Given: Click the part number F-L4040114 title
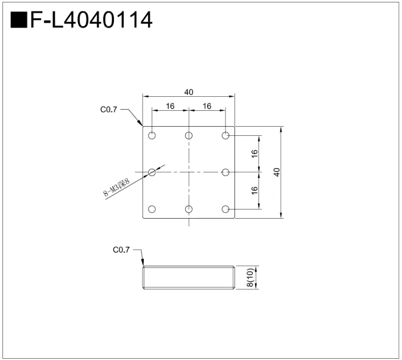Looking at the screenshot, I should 90,20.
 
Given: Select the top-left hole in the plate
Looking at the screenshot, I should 152,135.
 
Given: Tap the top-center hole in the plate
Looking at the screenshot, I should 189,135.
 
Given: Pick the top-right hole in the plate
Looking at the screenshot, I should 226,135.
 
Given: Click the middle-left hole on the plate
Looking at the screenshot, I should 152,172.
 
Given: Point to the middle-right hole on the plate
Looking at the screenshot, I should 226,172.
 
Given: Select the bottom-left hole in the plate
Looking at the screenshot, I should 152,210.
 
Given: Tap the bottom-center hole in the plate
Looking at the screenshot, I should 189,210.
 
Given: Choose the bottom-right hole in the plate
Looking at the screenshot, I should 226,210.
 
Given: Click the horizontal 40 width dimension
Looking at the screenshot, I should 189,92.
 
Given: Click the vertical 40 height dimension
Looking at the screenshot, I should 277,172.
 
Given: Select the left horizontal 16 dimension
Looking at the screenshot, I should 170,106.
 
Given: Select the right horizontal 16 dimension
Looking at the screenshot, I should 207,106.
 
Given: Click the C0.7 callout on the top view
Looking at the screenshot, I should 108,110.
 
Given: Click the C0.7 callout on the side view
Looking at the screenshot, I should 121,250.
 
